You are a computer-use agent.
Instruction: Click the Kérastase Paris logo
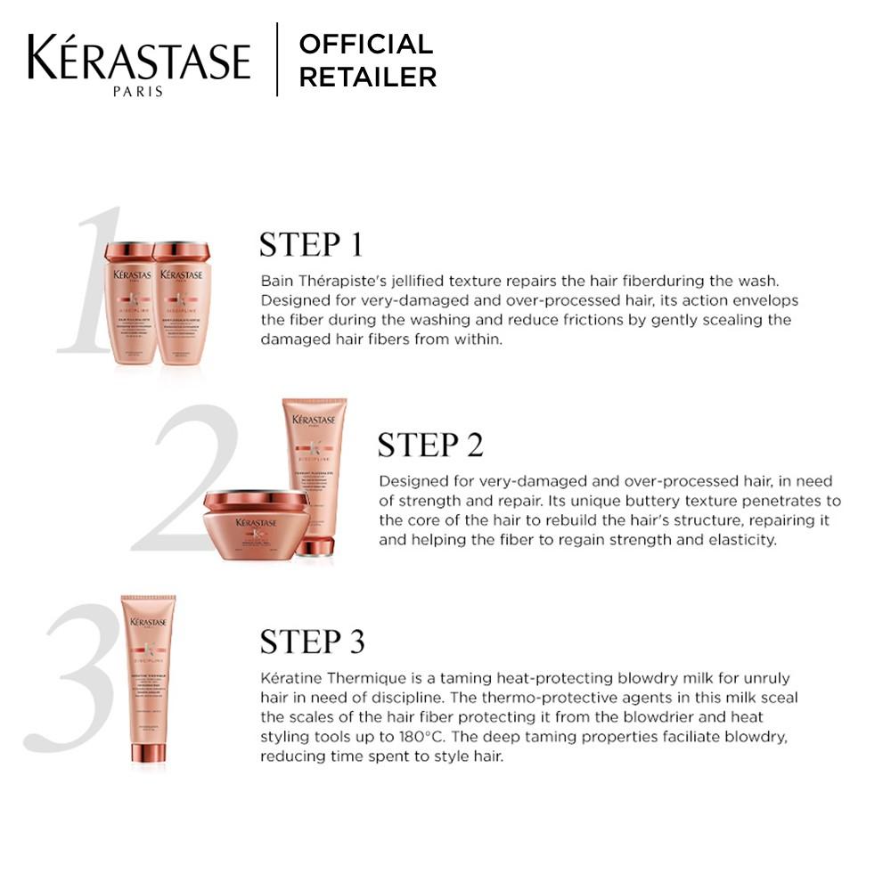(138, 63)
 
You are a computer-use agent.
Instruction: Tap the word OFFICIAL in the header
(365, 44)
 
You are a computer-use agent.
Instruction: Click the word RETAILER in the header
(367, 78)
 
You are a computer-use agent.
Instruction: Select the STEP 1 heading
(311, 244)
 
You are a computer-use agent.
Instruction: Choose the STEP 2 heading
(429, 445)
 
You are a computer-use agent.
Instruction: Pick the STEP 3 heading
(312, 641)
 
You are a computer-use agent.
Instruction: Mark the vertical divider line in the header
(277, 60)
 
